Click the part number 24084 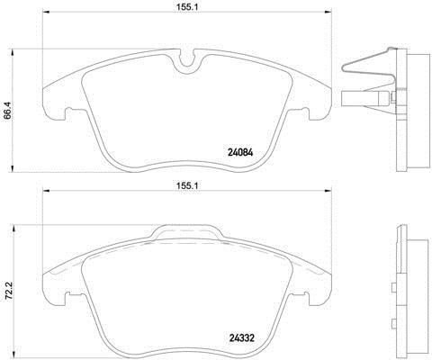tap(240, 153)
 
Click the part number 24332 tap(242, 338)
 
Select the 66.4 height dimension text tap(7, 111)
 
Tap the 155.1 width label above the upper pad tap(187, 7)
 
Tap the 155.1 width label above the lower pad tap(187, 185)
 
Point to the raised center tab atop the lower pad tap(186, 232)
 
